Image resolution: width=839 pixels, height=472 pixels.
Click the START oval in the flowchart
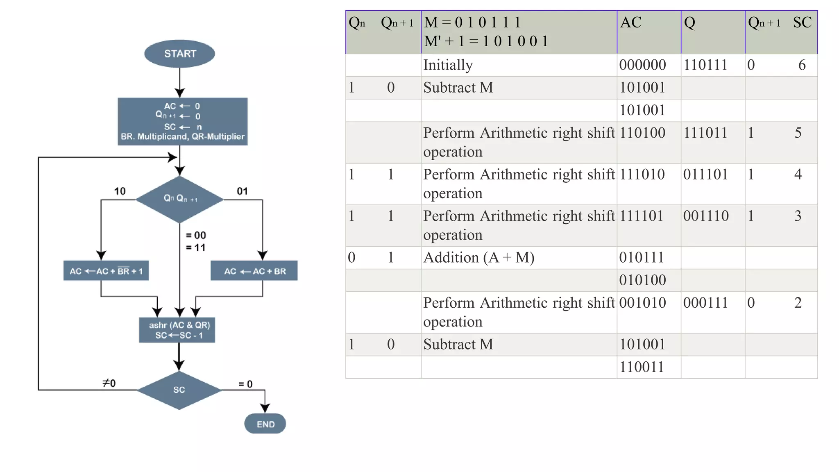pyautogui.click(x=179, y=54)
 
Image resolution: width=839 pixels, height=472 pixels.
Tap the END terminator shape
pyautogui.click(x=265, y=424)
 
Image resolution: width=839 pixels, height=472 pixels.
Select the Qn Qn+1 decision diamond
pyautogui.click(x=180, y=199)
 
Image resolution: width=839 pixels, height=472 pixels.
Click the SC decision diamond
pyautogui.click(x=179, y=390)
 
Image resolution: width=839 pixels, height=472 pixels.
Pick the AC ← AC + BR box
pyautogui.click(x=254, y=271)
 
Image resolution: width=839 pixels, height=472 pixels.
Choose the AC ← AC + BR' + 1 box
pyautogui.click(x=106, y=271)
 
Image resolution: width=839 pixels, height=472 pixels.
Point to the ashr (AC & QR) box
pyautogui.click(x=177, y=330)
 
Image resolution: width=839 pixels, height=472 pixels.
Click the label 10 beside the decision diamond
pyautogui.click(x=120, y=191)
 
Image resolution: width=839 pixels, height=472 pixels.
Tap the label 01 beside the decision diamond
pyautogui.click(x=242, y=191)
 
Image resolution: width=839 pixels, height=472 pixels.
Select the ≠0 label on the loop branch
pyautogui.click(x=109, y=383)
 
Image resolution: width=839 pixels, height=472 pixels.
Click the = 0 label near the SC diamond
pyautogui.click(x=245, y=384)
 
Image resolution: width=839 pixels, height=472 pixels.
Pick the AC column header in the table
pyautogui.click(x=630, y=23)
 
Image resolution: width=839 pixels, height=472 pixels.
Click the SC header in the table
pyautogui.click(x=802, y=23)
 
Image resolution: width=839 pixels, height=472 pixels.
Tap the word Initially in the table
pyautogui.click(x=448, y=65)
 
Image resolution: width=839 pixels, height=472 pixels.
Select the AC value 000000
pyautogui.click(x=642, y=65)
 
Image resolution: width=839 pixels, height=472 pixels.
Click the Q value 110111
pyautogui.click(x=705, y=65)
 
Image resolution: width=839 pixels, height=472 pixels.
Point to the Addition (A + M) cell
pyautogui.click(x=478, y=258)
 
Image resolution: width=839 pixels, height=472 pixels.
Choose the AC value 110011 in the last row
pyautogui.click(x=642, y=367)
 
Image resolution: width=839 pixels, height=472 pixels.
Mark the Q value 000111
pyautogui.click(x=705, y=303)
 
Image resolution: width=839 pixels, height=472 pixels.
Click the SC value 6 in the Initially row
pyautogui.click(x=802, y=65)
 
